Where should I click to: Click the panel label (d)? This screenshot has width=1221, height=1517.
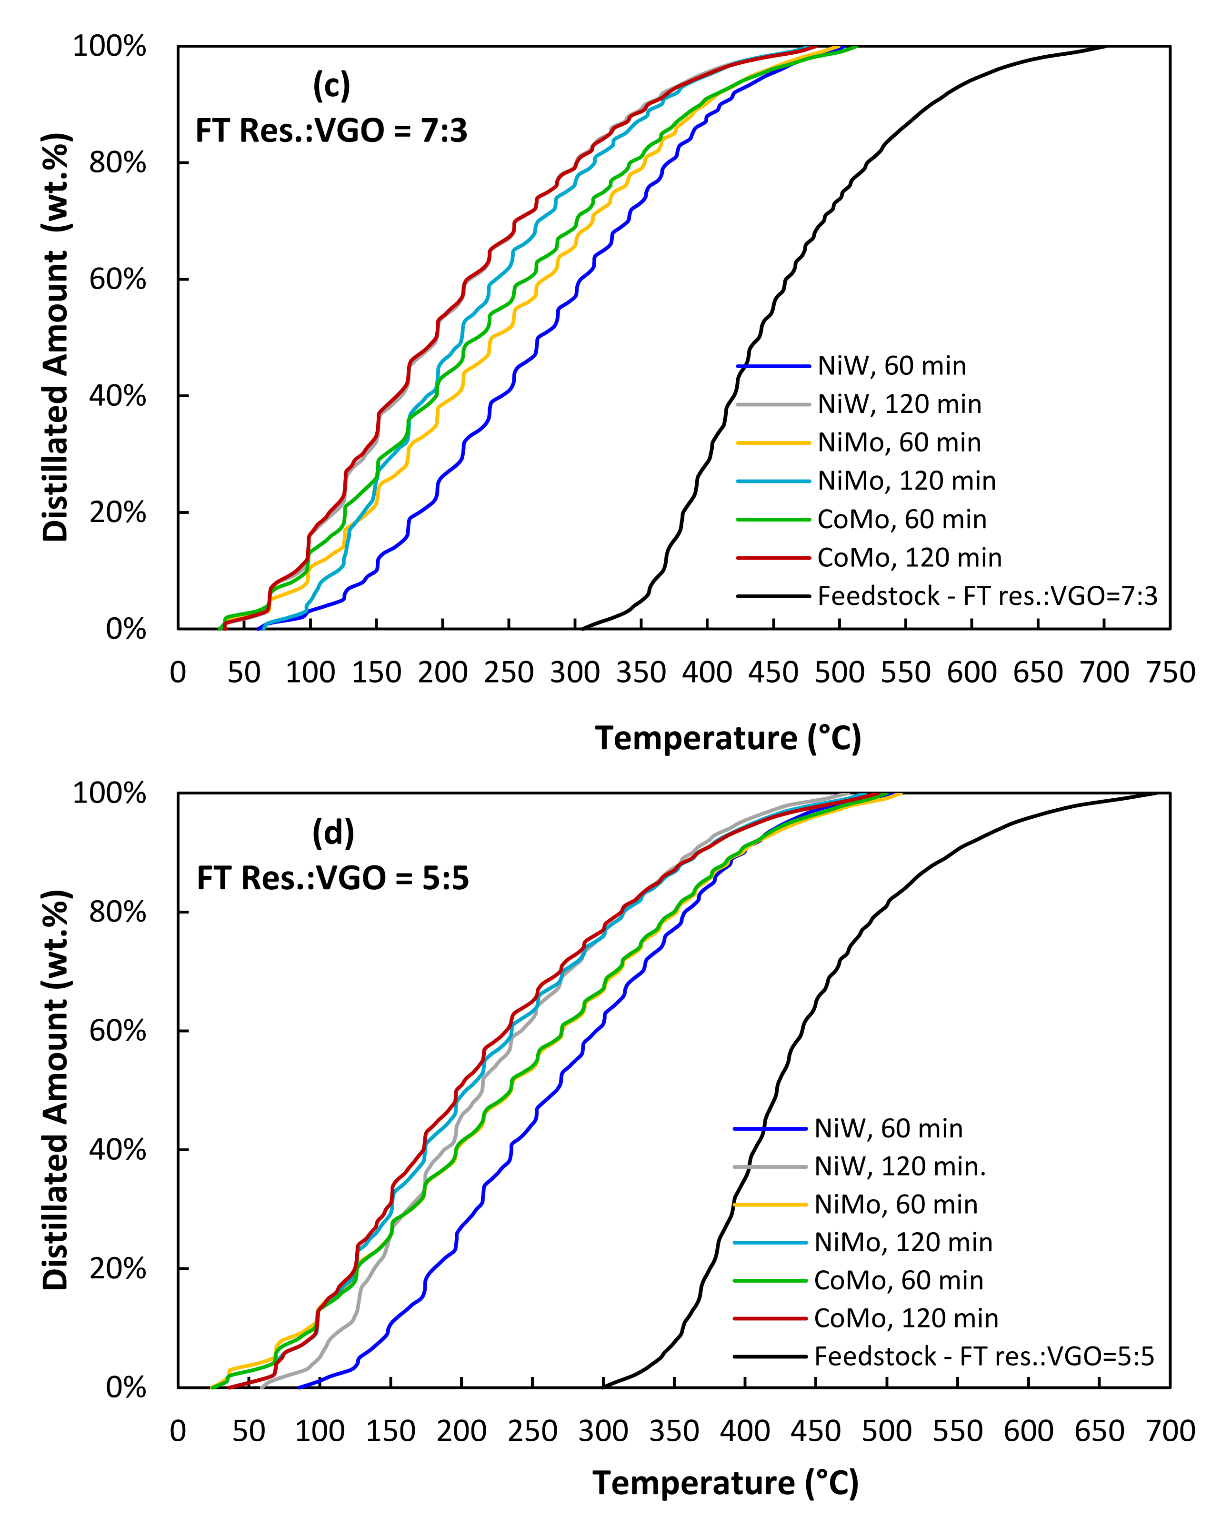[333, 834]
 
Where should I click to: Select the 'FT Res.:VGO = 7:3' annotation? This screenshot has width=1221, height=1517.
[331, 131]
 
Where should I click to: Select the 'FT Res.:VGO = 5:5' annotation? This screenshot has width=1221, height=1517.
[333, 879]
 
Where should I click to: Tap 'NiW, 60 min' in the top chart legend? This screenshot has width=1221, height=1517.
[891, 366]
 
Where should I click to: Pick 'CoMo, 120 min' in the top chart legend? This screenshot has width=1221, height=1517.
[909, 558]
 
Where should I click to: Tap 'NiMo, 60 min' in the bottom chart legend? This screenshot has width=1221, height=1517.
[895, 1205]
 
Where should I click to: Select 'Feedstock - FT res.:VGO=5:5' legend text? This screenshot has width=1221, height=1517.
[984, 1356]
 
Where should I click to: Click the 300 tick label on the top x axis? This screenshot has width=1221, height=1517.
[575, 673]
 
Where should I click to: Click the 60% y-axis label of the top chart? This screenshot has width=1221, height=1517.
[118, 280]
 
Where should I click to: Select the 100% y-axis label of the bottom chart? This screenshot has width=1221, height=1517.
[110, 794]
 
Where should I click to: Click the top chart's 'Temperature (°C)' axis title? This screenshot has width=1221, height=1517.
[728, 739]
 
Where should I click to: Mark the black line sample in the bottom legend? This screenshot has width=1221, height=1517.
[770, 1356]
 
